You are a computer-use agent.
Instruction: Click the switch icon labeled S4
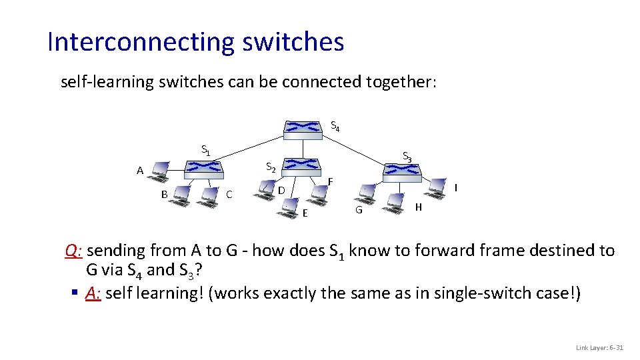pyautogui.click(x=303, y=129)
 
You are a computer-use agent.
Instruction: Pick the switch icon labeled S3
pyautogui.click(x=403, y=171)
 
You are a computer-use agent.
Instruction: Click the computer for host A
pyautogui.click(x=160, y=172)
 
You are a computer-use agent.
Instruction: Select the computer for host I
pyautogui.click(x=437, y=187)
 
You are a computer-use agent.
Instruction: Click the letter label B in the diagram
pyautogui.click(x=164, y=195)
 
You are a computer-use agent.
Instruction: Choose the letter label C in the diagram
pyautogui.click(x=229, y=195)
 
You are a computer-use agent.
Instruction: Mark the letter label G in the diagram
pyautogui.click(x=359, y=211)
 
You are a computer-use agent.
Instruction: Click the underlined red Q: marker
pyautogui.click(x=73, y=251)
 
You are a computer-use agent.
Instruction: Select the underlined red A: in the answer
pyautogui.click(x=93, y=293)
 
